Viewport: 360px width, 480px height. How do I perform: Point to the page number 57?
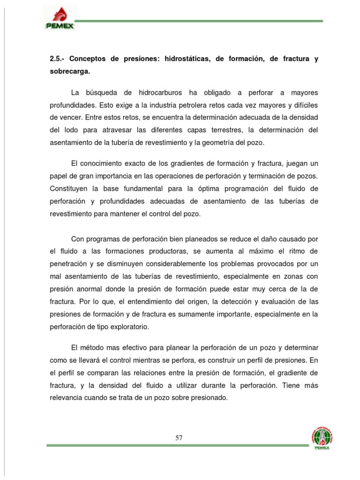click(179, 438)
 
